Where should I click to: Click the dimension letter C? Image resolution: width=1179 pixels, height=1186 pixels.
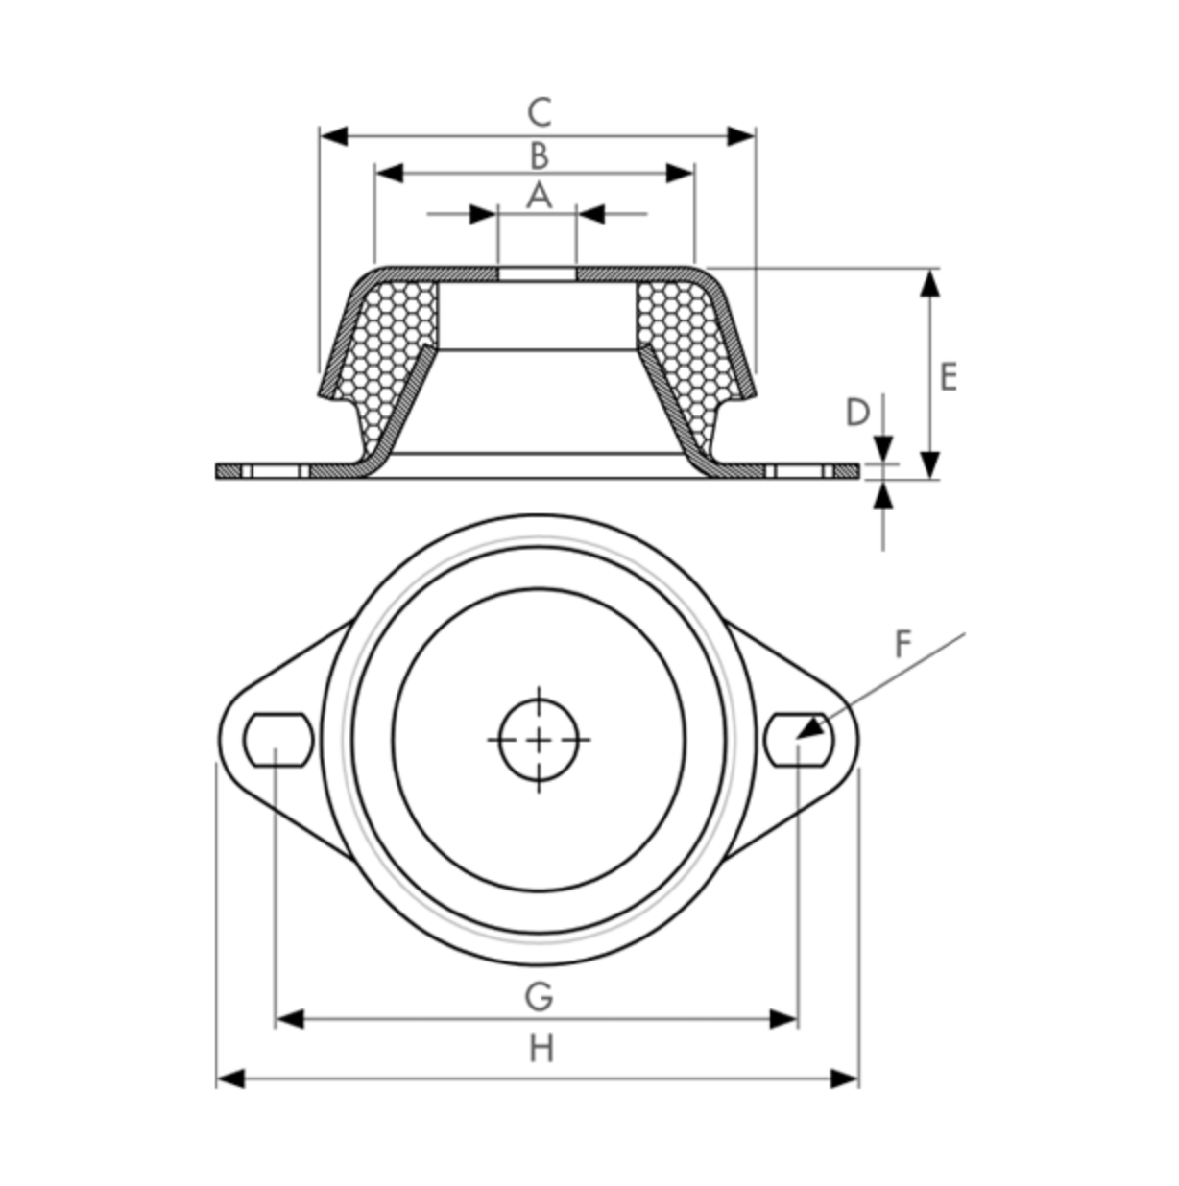click(540, 112)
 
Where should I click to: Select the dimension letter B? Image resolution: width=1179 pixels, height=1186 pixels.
click(539, 154)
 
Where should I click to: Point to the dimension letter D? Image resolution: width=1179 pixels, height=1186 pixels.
click(856, 413)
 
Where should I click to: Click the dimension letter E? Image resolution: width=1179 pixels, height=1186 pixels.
click(948, 377)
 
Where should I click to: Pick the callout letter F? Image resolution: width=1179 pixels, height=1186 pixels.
click(902, 645)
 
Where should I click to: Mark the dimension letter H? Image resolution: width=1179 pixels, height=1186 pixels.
click(541, 1049)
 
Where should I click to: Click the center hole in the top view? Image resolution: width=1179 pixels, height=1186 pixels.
click(540, 740)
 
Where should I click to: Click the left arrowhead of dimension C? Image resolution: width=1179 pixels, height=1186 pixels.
click(332, 136)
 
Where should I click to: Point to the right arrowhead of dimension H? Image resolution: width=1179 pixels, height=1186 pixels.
click(845, 1079)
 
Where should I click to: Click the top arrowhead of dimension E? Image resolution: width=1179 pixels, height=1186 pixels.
click(929, 282)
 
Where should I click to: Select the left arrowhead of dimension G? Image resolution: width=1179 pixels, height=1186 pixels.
click(289, 1019)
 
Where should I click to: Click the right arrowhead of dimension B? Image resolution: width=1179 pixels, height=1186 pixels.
click(681, 174)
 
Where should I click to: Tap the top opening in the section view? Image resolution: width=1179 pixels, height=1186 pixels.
click(538, 274)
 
